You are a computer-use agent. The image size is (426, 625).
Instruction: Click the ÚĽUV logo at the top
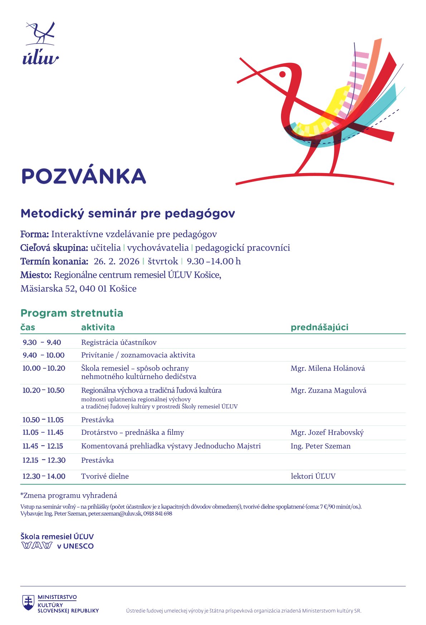[40, 43]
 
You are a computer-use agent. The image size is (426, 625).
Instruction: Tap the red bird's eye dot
[282, 74]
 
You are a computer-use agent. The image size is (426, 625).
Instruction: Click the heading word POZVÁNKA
[84, 176]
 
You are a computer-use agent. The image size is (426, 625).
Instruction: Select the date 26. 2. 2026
[116, 261]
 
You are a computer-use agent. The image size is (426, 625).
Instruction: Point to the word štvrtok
[163, 261]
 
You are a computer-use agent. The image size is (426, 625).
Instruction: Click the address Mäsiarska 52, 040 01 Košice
[78, 289]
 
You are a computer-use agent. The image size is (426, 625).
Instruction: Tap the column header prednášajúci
[319, 327]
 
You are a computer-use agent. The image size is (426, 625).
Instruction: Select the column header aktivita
[98, 327]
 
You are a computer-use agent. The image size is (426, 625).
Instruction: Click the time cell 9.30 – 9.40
[42, 343]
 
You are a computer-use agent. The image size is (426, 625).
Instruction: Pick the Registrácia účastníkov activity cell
[119, 343]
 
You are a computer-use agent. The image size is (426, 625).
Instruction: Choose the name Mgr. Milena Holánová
[328, 368]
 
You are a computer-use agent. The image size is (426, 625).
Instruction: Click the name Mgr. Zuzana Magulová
[328, 390]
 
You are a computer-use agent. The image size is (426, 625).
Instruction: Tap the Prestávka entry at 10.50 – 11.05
[97, 420]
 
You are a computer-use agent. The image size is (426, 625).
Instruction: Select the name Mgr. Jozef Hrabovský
[327, 433]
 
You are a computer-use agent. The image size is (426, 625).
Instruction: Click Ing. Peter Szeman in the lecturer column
[320, 446]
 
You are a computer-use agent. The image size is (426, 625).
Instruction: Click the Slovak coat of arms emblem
[28, 602]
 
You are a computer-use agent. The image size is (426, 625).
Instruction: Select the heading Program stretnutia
[72, 313]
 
